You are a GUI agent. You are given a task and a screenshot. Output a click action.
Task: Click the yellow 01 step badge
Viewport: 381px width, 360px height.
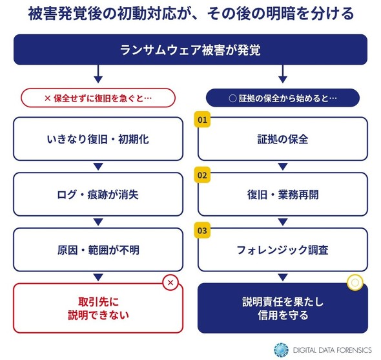point(202,120)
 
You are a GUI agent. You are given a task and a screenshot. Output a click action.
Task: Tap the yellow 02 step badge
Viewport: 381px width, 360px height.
point(202,175)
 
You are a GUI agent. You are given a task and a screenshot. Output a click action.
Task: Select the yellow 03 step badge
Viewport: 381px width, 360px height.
point(202,230)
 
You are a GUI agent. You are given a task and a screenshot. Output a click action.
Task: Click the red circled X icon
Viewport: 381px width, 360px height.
point(170,282)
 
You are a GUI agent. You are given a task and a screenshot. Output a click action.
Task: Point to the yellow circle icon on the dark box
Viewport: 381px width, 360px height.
point(355,282)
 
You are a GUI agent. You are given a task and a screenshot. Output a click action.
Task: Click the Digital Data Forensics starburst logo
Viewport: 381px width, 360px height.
point(281,350)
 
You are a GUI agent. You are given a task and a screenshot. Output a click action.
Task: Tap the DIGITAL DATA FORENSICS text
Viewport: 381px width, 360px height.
point(333,350)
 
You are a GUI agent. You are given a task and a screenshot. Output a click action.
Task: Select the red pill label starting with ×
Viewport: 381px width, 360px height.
point(98,98)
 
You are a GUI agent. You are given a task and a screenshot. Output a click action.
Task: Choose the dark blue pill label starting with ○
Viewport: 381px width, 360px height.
point(283,98)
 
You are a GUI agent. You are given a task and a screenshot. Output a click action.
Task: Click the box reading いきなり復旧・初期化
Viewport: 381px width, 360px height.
point(98,139)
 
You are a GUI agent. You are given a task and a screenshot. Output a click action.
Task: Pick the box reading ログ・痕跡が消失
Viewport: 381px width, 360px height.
point(98,194)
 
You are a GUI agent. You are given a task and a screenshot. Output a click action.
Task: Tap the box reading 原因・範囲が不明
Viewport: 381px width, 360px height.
point(98,249)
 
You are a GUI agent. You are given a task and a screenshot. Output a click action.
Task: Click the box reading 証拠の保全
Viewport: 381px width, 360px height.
point(283,139)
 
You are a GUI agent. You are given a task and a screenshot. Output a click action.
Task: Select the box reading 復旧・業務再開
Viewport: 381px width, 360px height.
point(283,194)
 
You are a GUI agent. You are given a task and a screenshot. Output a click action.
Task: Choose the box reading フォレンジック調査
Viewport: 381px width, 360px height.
point(283,249)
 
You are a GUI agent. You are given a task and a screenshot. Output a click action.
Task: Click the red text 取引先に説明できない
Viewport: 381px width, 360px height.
point(98,308)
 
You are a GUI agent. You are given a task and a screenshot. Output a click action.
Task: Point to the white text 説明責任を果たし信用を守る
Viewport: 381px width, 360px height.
point(283,308)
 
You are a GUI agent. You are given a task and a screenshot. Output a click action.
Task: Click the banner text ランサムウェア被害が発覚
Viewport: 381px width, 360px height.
point(190,50)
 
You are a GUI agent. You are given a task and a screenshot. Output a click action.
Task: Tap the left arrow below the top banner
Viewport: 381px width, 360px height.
point(98,74)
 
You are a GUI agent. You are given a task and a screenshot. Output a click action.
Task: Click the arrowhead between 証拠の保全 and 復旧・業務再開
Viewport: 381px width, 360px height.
point(283,166)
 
